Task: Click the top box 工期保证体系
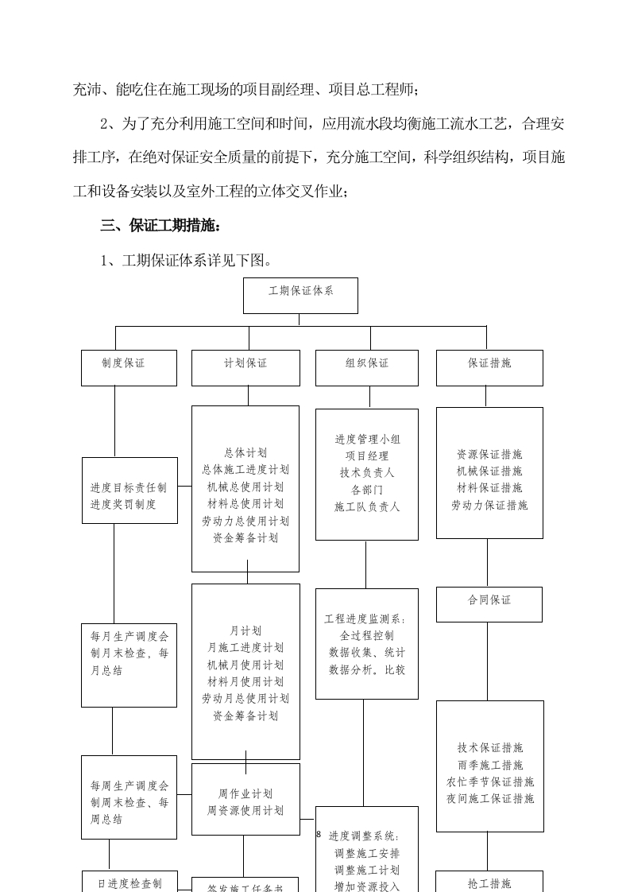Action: (300, 295)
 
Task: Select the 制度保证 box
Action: (129, 367)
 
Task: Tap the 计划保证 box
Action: (245, 367)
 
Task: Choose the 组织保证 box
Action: (367, 367)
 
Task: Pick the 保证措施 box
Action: (489, 367)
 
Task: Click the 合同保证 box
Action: (489, 604)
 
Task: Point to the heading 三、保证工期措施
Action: (160, 226)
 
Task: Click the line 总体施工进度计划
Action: (245, 470)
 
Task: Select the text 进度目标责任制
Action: (129, 487)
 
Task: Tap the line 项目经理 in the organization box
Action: (367, 456)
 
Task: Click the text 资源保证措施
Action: (489, 455)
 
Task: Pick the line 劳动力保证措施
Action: (489, 506)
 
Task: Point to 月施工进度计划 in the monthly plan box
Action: (245, 648)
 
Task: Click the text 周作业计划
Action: (245, 793)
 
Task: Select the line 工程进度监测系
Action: (366, 619)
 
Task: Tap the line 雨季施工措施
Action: (489, 765)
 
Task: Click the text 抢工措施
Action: (489, 883)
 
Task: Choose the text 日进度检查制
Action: (129, 883)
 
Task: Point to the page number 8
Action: (319, 835)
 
